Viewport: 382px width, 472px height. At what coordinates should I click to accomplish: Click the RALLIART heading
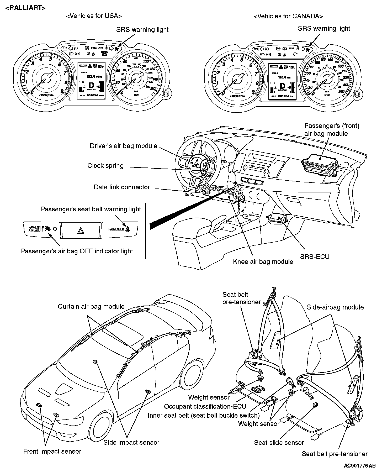point(25,8)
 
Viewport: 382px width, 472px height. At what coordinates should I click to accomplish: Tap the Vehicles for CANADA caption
point(288,16)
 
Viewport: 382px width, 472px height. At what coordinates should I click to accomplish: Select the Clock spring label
point(105,166)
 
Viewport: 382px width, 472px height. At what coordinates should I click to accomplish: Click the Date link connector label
point(122,187)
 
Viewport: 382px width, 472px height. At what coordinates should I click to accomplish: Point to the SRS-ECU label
point(315,256)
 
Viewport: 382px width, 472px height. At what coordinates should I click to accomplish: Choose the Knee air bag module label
point(263,262)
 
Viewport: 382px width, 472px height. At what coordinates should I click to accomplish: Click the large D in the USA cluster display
point(92,85)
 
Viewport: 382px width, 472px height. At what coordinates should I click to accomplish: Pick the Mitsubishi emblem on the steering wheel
point(195,165)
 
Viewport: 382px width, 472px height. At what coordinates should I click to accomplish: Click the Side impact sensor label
point(131,442)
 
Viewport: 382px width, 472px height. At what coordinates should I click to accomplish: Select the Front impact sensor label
point(52,451)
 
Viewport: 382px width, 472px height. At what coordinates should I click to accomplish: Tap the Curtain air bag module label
point(91,306)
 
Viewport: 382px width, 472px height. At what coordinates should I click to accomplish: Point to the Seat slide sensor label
point(279,443)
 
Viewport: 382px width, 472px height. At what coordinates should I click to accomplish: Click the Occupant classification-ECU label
point(205,406)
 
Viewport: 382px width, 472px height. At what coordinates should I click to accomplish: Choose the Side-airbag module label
point(335,307)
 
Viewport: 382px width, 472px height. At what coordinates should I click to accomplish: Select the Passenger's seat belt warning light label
point(91,209)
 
